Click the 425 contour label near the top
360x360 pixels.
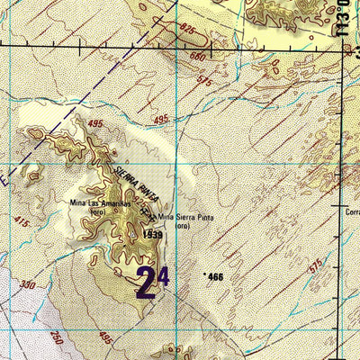[x=187, y=29]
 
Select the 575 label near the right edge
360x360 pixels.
[x=314, y=267]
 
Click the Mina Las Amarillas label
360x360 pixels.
[x=100, y=203]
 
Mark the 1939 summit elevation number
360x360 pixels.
[x=151, y=234]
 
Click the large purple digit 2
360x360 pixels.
[x=147, y=282]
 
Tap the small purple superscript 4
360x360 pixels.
[x=164, y=271]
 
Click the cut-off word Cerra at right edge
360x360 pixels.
[x=351, y=211]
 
